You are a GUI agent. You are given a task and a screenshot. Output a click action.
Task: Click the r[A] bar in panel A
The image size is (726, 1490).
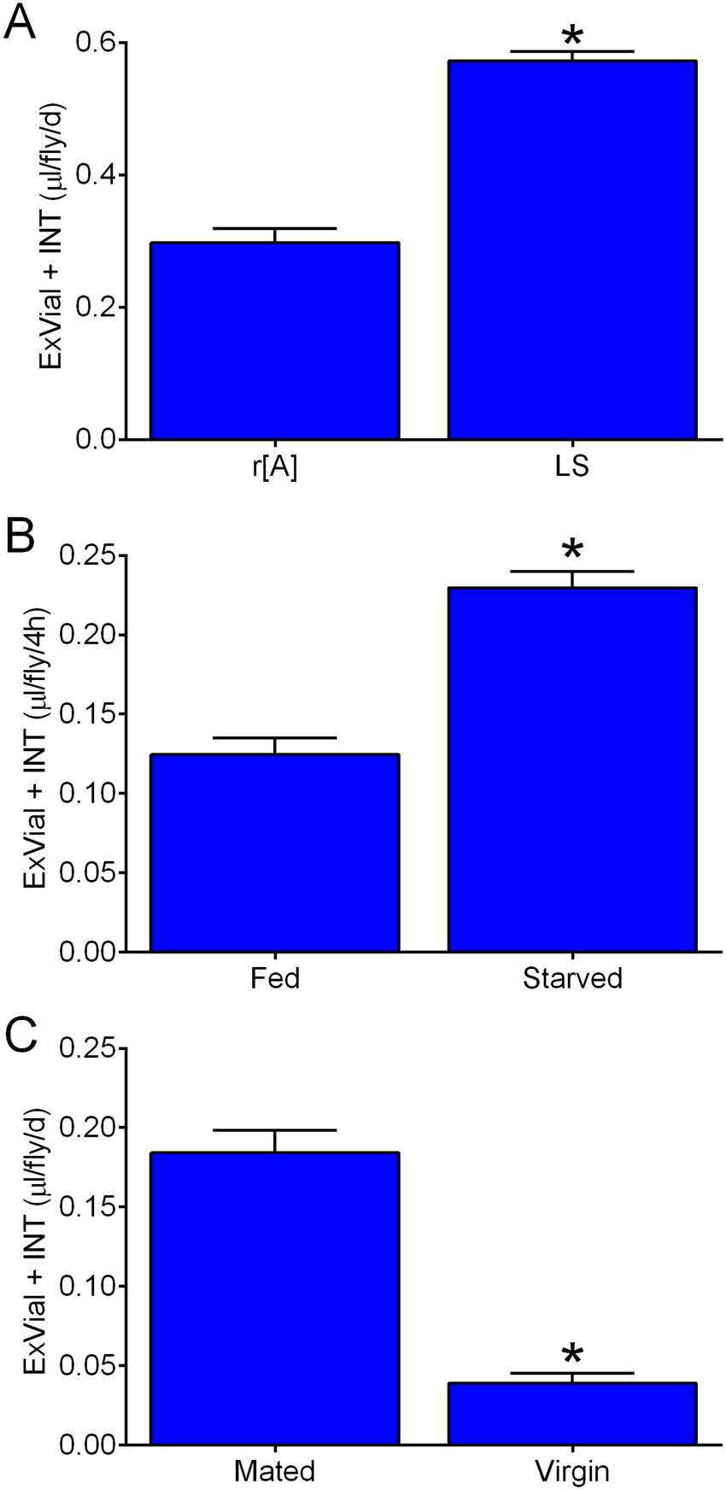click(274, 341)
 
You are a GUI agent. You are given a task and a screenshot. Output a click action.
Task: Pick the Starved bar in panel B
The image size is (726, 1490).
click(572, 769)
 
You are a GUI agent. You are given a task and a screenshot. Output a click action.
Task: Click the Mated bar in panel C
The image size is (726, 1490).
click(274, 1299)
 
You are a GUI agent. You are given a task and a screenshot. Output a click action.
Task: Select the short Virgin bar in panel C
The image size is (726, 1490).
click(572, 1414)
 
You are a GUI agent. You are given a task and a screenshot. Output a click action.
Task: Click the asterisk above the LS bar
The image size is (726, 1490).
click(572, 37)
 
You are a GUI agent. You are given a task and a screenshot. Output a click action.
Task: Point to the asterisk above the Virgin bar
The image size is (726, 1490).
click(572, 1355)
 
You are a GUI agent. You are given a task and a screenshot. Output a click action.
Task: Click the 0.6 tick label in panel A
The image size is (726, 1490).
click(97, 43)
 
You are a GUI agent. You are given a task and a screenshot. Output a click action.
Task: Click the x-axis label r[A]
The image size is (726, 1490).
click(274, 468)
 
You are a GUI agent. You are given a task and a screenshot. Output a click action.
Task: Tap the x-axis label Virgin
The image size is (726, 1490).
click(572, 1471)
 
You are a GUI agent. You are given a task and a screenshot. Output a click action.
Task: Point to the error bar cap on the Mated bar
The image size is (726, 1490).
click(274, 1130)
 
